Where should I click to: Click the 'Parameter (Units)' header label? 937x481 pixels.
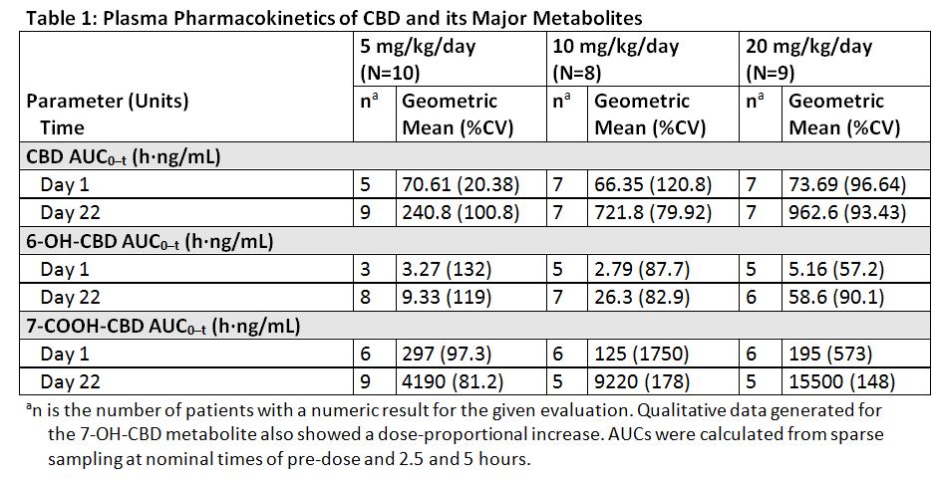coord(108,101)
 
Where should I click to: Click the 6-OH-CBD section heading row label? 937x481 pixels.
coord(151,241)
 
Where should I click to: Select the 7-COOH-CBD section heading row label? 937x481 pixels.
coord(161,326)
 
